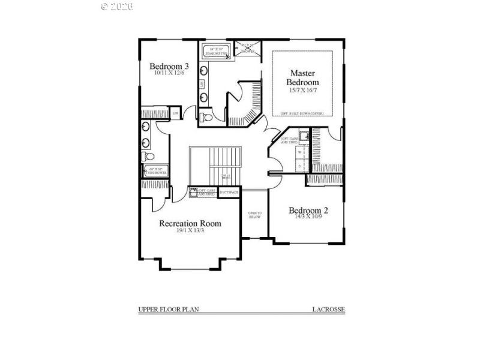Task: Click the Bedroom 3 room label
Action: (x=170, y=66)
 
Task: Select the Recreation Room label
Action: (x=190, y=224)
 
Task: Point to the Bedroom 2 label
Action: (x=308, y=211)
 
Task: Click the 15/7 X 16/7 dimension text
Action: (x=302, y=90)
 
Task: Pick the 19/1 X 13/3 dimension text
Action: (x=190, y=231)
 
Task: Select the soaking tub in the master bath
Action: (x=215, y=50)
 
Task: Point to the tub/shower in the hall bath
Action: (x=155, y=171)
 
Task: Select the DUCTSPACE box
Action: (x=229, y=192)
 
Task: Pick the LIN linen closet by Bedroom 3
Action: (x=176, y=113)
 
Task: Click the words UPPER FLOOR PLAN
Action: (x=169, y=310)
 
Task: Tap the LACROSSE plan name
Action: (x=328, y=310)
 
